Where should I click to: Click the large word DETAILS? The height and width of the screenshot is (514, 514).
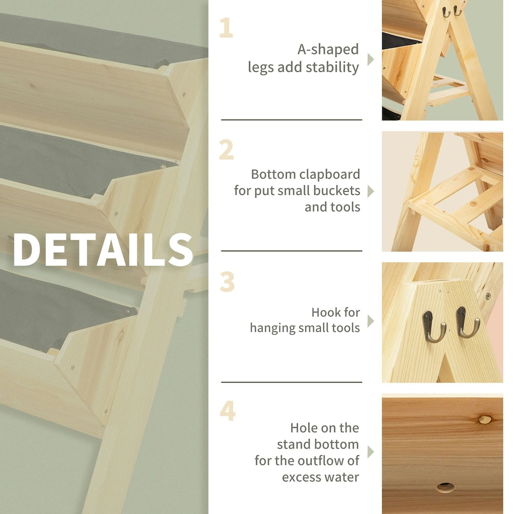click(103, 250)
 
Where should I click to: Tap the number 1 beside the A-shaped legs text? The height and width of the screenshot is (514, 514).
click(226, 28)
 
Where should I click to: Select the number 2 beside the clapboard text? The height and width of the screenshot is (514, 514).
click(226, 150)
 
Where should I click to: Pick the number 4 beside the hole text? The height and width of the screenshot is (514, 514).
click(228, 410)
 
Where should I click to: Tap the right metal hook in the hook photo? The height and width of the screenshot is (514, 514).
click(467, 322)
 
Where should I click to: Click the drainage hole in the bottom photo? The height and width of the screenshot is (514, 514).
click(445, 487)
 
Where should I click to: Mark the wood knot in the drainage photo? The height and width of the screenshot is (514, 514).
click(485, 419)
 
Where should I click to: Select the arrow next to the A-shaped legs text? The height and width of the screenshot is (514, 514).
click(371, 59)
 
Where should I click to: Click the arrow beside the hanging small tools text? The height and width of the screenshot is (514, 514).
click(371, 321)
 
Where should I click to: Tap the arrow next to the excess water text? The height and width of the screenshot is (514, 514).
click(371, 452)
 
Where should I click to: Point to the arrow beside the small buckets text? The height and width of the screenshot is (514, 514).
click(371, 191)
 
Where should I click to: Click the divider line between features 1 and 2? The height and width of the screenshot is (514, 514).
click(291, 120)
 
